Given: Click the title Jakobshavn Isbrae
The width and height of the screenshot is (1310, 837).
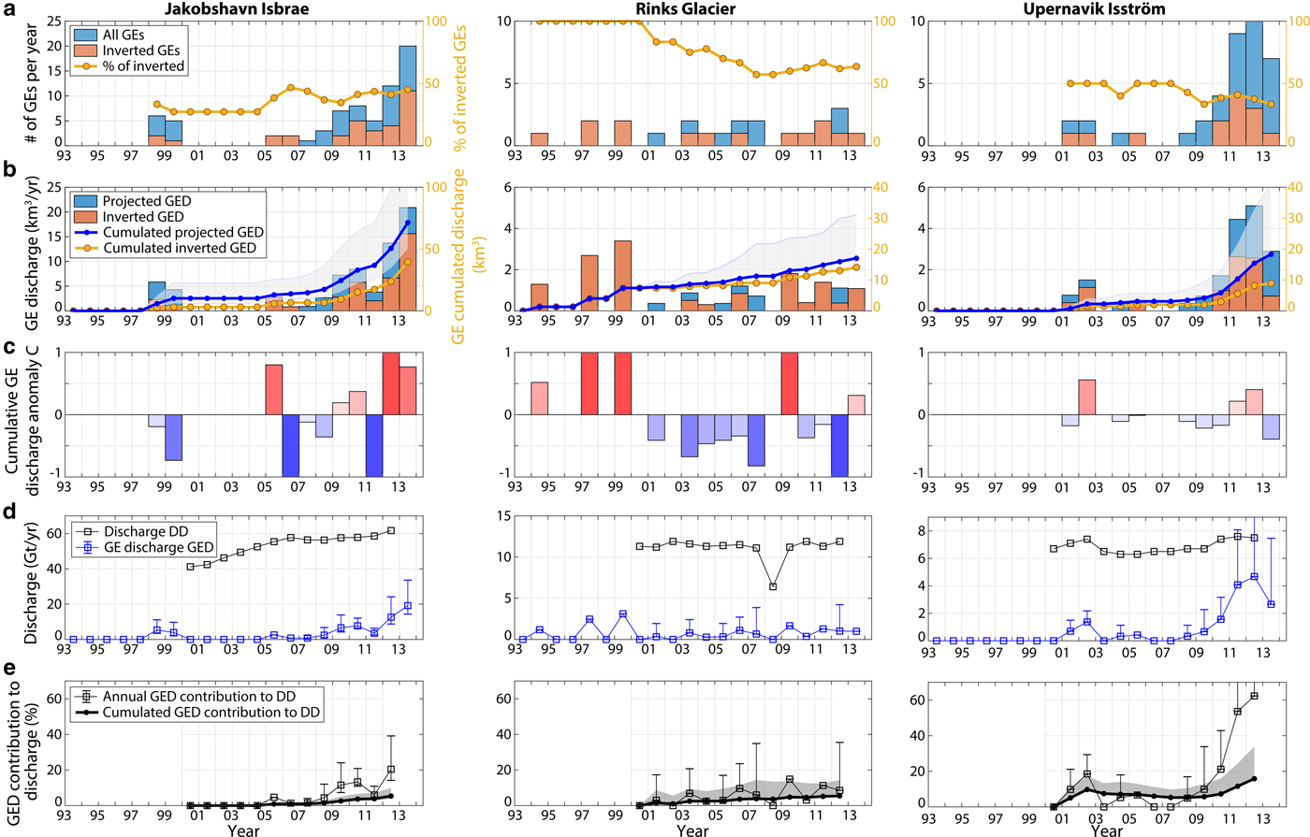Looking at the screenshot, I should (237, 9).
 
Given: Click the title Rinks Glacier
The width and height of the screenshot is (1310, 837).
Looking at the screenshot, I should (692, 9).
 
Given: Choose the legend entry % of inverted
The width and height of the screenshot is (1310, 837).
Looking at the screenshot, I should (143, 66).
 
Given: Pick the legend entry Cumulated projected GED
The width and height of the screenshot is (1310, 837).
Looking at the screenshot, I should (183, 232).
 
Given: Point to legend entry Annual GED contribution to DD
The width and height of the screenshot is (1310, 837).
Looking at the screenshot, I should (212, 696).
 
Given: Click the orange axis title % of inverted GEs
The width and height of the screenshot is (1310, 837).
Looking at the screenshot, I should (460, 89).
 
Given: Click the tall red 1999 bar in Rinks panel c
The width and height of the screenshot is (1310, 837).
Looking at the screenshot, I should (623, 383).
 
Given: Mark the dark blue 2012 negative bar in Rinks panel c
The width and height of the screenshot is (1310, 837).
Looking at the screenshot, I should (839, 445).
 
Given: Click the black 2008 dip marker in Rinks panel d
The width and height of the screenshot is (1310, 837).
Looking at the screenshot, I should (773, 586).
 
